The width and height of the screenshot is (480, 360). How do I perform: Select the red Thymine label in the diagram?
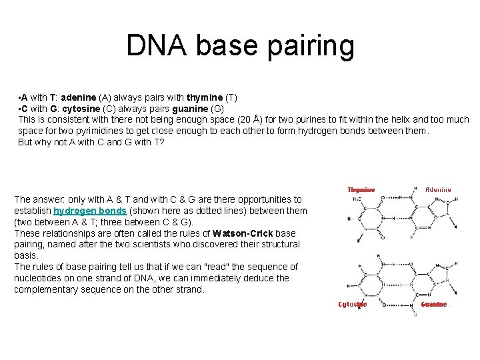point(361,189)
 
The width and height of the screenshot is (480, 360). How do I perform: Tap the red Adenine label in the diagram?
point(438,189)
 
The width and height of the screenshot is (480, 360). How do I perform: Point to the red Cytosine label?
point(353,304)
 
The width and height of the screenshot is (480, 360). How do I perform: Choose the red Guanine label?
point(434,304)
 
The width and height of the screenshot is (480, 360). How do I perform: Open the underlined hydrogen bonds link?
point(89,211)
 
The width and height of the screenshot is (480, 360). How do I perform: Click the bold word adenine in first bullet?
point(79,97)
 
